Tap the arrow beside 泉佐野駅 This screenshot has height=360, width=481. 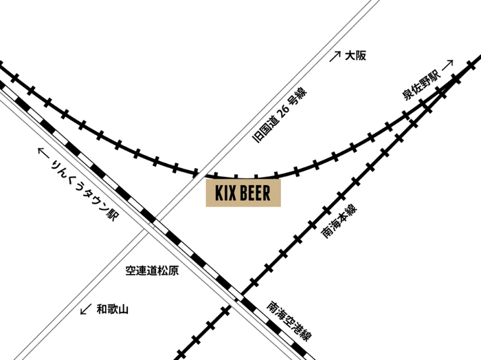pyautogui.click(x=448, y=66)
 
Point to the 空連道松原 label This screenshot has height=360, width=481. pyautogui.click(x=152, y=271)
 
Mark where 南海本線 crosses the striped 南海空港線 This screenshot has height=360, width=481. pyautogui.click(x=241, y=297)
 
